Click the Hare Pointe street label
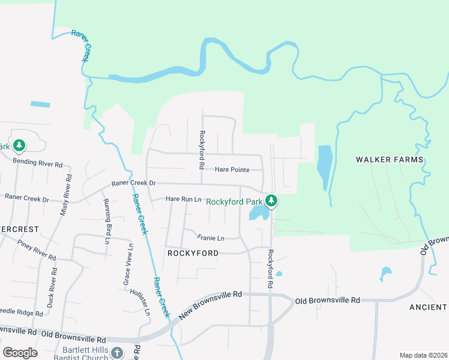point(231,170)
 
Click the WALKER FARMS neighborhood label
point(390,160)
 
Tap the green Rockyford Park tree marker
point(271,201)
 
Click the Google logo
point(20,353)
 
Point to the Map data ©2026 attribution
point(423,355)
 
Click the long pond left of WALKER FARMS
point(324,165)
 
